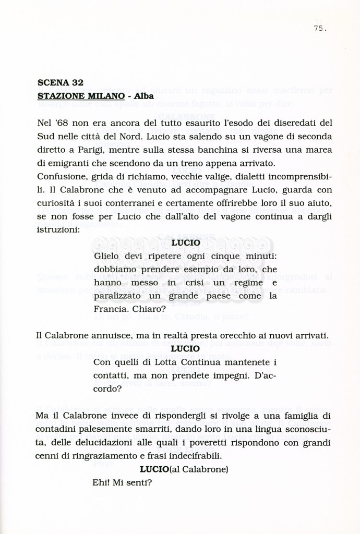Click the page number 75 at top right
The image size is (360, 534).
click(320, 29)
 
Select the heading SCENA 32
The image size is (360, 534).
click(61, 82)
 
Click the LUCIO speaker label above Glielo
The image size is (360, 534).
click(185, 242)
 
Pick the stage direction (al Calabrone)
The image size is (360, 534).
click(199, 469)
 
